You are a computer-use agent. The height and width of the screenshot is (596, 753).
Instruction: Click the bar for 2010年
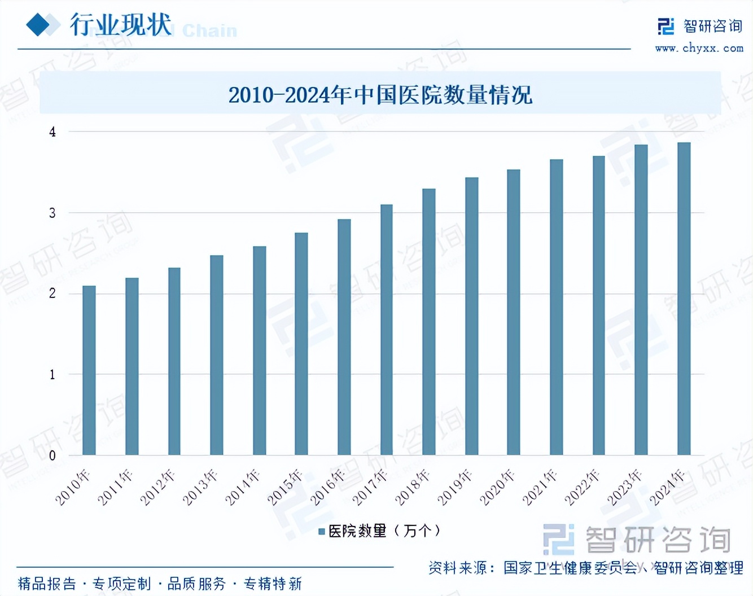[x=89, y=370]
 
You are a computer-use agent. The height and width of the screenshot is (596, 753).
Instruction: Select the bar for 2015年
[x=301, y=344]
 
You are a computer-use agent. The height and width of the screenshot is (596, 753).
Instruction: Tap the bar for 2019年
[x=471, y=316]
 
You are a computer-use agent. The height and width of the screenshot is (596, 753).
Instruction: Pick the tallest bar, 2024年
[x=684, y=299]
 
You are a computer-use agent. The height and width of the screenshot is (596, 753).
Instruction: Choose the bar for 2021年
[x=557, y=307]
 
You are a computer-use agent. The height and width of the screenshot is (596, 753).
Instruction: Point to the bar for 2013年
[x=217, y=355]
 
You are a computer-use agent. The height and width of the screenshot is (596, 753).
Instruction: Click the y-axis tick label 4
[x=52, y=132]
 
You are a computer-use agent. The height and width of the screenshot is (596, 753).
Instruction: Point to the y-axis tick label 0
[x=52, y=455]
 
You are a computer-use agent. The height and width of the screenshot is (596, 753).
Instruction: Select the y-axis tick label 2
[x=52, y=293]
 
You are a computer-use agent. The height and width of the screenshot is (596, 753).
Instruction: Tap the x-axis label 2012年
[x=159, y=487]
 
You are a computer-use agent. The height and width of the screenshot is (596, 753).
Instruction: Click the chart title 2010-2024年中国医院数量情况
[x=380, y=95]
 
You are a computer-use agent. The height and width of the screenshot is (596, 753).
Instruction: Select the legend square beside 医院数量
[x=322, y=531]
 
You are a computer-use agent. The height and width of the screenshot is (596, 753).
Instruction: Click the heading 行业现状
[x=121, y=25]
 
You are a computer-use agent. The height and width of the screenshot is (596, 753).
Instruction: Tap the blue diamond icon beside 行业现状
[x=39, y=25]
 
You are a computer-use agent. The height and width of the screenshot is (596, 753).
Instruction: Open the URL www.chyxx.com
[x=699, y=49]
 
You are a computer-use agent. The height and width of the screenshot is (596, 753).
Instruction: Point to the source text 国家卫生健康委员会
[x=570, y=567]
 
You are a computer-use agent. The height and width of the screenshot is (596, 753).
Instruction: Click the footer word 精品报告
[x=47, y=584]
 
